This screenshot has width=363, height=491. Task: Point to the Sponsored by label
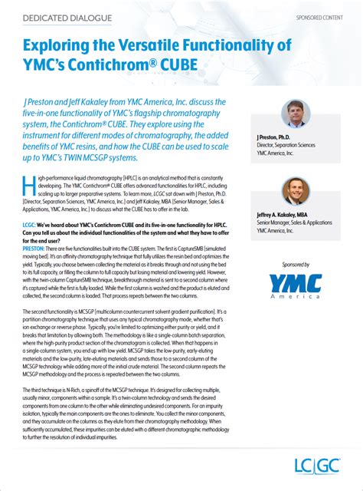[295, 244]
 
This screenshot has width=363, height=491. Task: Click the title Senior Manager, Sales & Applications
[299, 222]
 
